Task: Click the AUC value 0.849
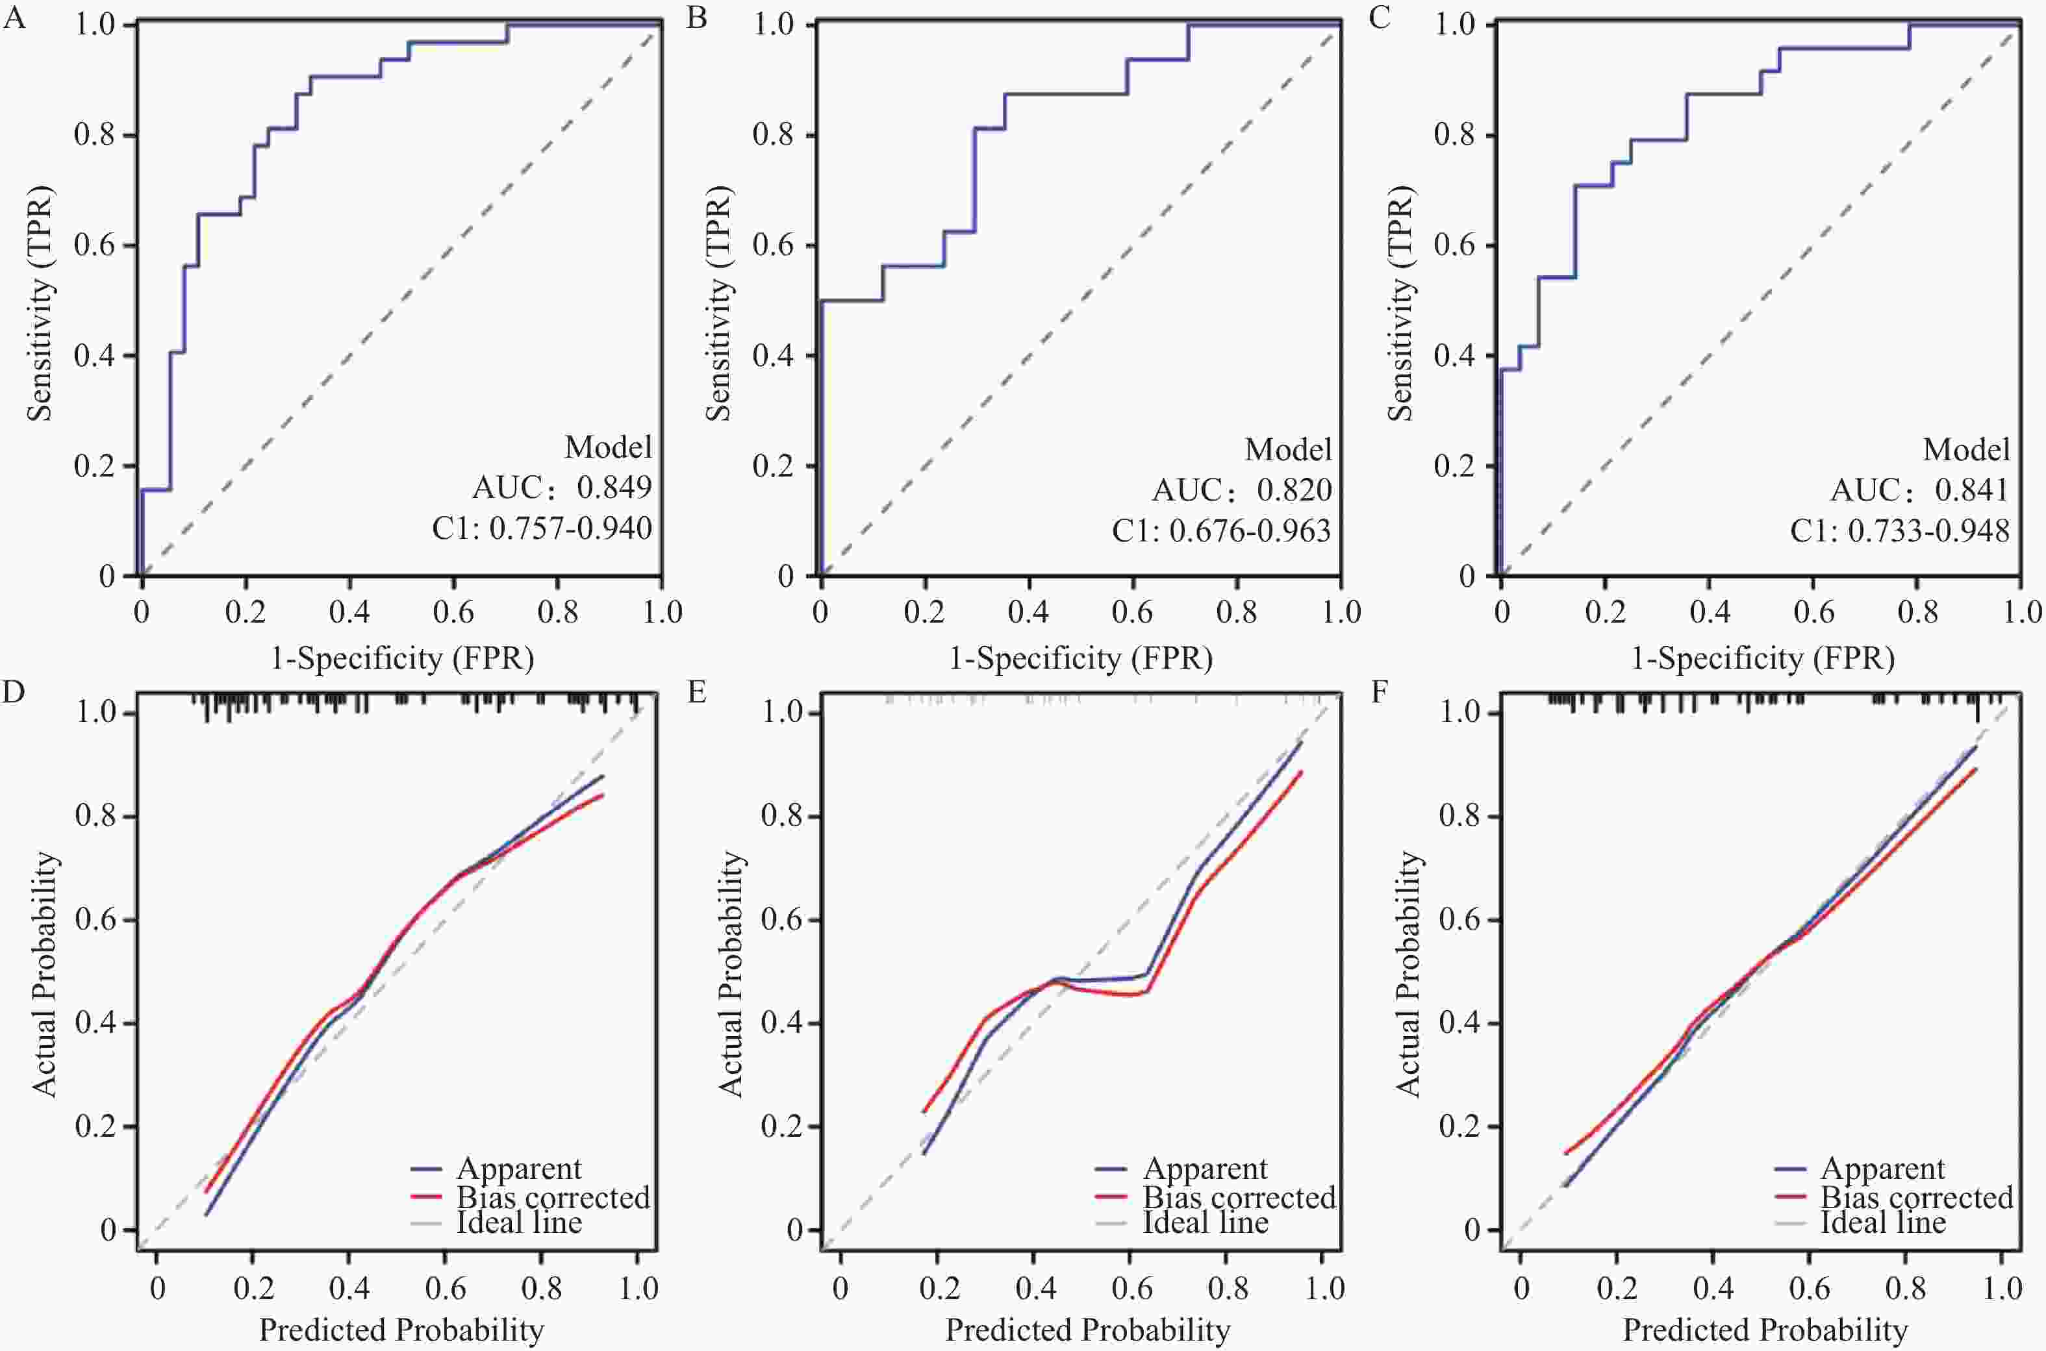click(x=614, y=488)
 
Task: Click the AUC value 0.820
click(x=1294, y=490)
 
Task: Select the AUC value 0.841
click(x=1972, y=490)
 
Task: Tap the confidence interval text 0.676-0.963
click(x=1250, y=531)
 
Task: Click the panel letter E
click(x=696, y=692)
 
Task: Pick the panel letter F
click(x=1379, y=692)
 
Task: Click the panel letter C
click(x=1380, y=18)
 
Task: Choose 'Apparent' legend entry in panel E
click(x=1205, y=1169)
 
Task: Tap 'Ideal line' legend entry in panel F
click(x=1883, y=1222)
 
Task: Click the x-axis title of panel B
click(x=1081, y=658)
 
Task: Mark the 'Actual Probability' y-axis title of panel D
click(x=45, y=974)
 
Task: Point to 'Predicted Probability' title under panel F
click(x=1765, y=1330)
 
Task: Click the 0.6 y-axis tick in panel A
click(x=94, y=245)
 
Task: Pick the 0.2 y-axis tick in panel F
click(x=1460, y=1127)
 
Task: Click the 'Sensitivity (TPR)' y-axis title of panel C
click(x=1401, y=304)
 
